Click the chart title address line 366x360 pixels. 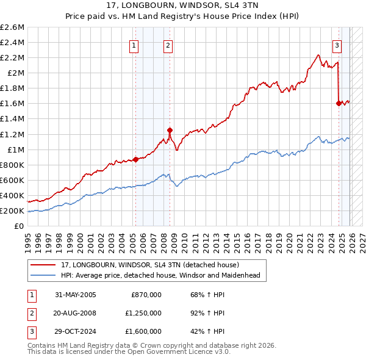click(x=182, y=6)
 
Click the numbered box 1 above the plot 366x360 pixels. click(x=133, y=45)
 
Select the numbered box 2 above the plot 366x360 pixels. click(x=167, y=45)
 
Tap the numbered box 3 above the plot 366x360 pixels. click(x=336, y=45)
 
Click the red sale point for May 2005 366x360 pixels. click(x=135, y=159)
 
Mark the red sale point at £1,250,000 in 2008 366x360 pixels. click(x=170, y=129)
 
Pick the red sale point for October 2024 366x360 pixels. click(x=339, y=103)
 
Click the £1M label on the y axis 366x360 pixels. click(x=16, y=149)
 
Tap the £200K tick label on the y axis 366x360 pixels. click(x=13, y=211)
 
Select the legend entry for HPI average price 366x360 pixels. click(x=160, y=275)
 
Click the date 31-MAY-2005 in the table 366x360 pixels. click(x=75, y=295)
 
